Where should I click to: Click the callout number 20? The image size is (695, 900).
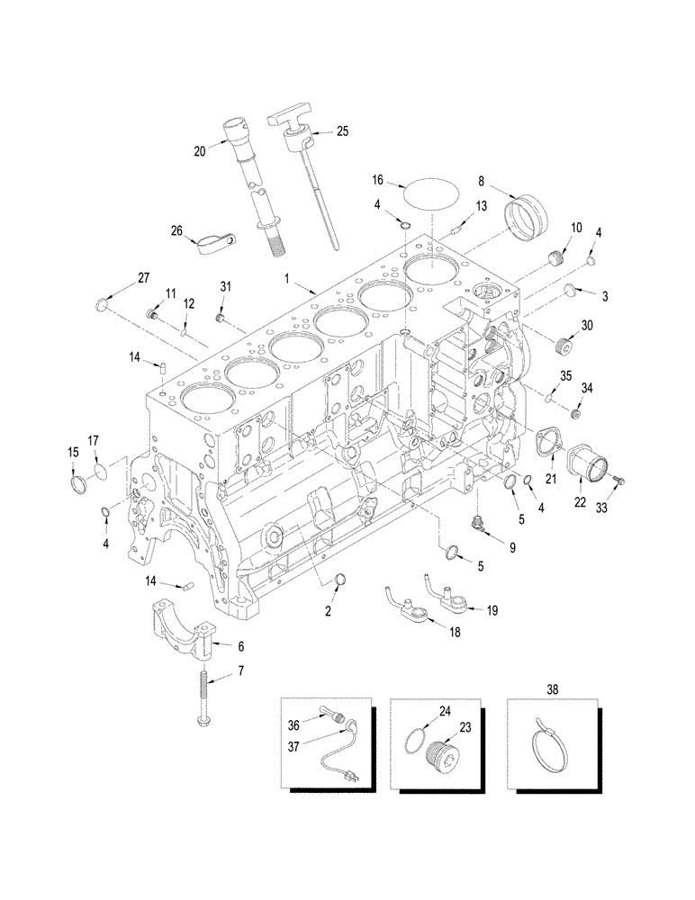coord(200,151)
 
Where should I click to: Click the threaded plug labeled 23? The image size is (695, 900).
coord(445,749)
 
